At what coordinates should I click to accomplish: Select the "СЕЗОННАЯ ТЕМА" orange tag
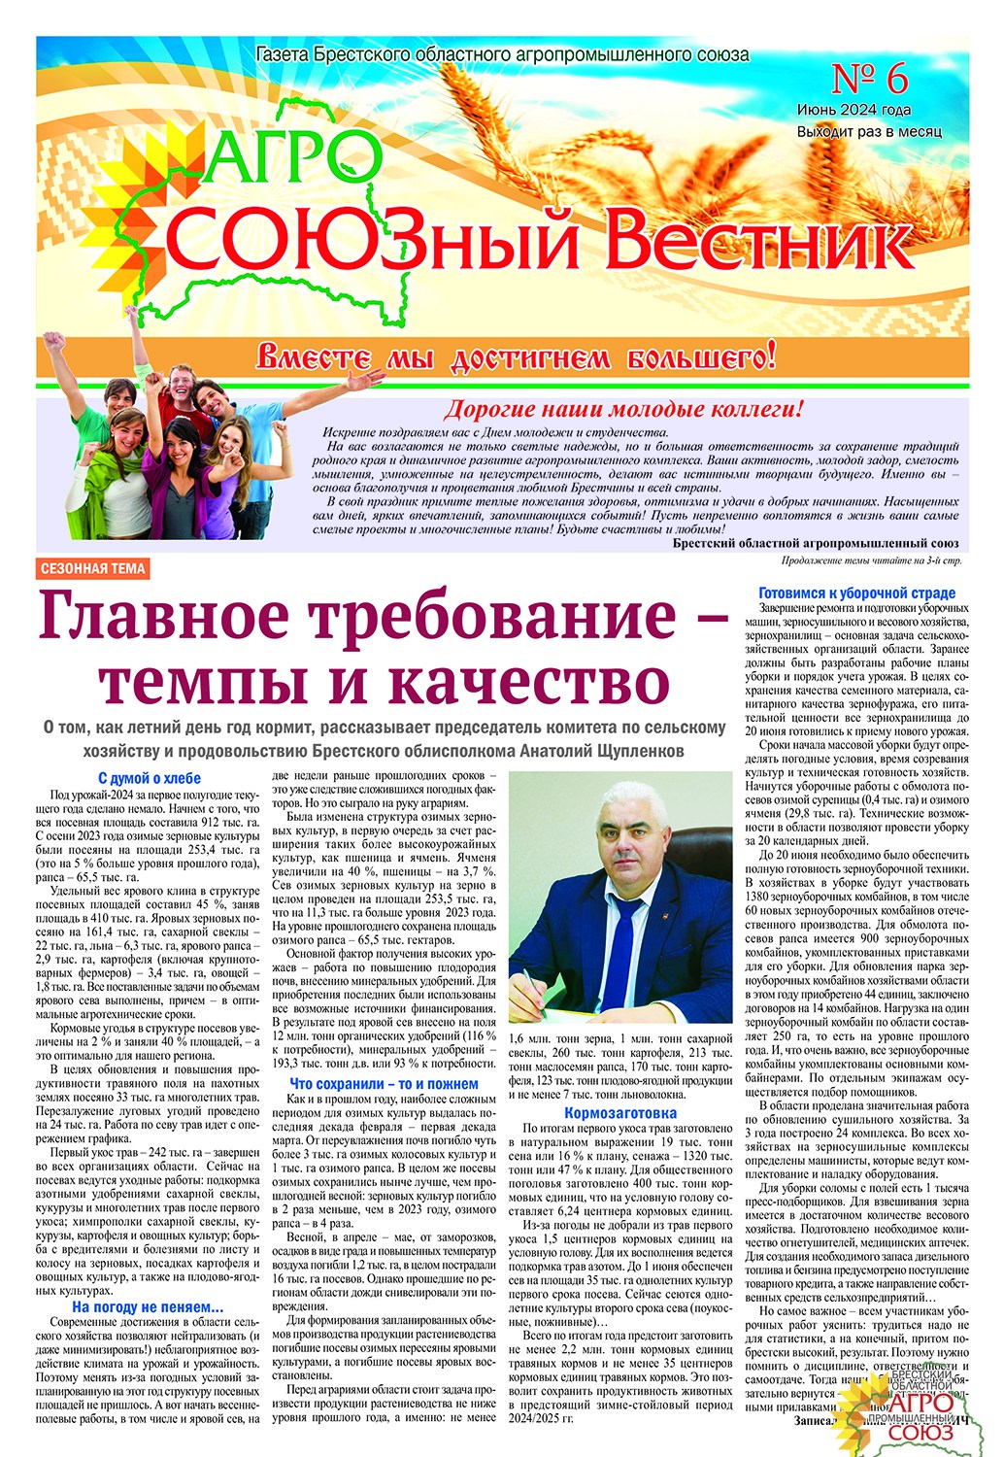(x=94, y=569)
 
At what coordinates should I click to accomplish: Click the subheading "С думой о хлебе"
(x=150, y=778)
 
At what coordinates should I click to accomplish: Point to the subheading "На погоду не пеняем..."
(x=148, y=1308)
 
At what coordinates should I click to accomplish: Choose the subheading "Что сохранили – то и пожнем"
(x=384, y=1084)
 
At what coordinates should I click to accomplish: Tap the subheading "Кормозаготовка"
(x=620, y=1113)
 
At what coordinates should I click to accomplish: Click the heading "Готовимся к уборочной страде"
(x=856, y=593)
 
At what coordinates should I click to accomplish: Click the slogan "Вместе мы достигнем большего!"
(x=516, y=357)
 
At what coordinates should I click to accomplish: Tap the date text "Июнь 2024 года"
(x=853, y=111)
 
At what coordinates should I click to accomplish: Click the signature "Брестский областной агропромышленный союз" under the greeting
(x=815, y=544)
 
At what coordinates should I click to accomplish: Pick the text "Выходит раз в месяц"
(x=868, y=131)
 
